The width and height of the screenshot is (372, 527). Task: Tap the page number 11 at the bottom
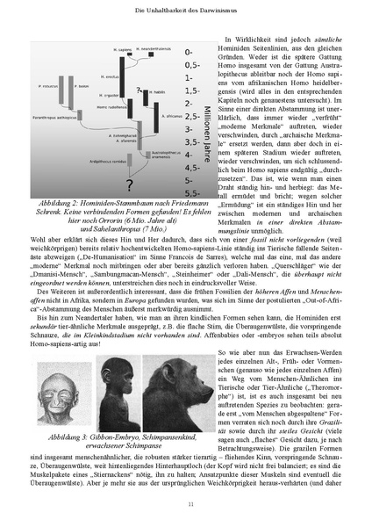[x=186, y=504]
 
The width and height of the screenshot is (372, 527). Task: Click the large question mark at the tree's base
[x=129, y=184]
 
